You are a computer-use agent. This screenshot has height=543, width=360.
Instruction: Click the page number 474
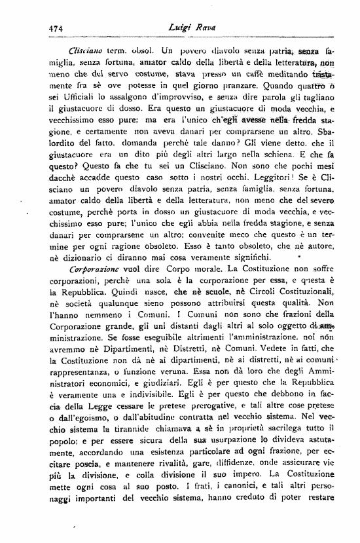pyautogui.click(x=54, y=28)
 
